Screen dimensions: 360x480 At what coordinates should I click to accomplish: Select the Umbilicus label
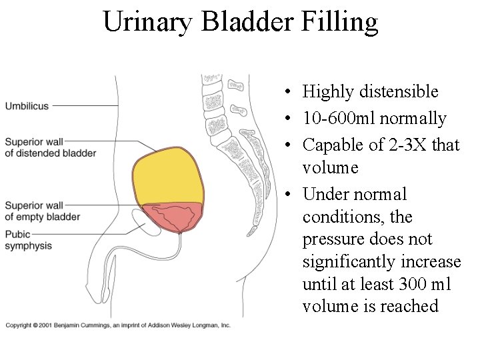pyautogui.click(x=27, y=105)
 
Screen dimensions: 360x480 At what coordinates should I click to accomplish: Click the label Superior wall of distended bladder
pyautogui.click(x=50, y=147)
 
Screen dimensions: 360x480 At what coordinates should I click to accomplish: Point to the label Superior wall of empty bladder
pyautogui.click(x=42, y=211)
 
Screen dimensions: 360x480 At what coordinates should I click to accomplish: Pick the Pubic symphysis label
pyautogui.click(x=28, y=240)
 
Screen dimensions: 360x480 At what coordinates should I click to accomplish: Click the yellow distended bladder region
pyautogui.click(x=166, y=177)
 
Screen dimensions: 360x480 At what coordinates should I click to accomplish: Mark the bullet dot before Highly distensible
pyautogui.click(x=285, y=92)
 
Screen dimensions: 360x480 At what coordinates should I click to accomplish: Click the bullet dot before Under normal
pyautogui.click(x=285, y=195)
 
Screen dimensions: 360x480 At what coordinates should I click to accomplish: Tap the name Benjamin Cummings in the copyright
pyautogui.click(x=87, y=325)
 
